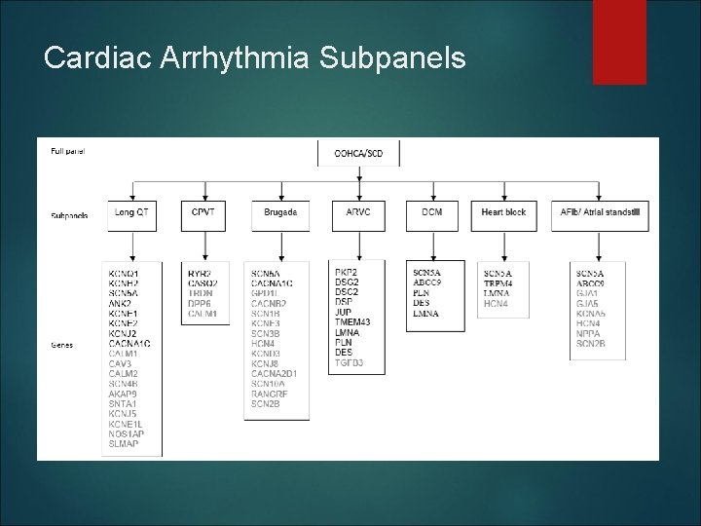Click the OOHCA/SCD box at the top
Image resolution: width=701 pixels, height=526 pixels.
point(359,153)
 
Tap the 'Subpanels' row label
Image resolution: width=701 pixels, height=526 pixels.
point(69,215)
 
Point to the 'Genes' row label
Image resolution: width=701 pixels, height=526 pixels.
point(61,344)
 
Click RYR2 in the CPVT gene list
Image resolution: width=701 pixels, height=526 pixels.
point(201,273)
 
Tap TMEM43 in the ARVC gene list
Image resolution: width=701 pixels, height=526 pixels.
point(351,322)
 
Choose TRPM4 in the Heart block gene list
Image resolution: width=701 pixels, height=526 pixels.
point(499,282)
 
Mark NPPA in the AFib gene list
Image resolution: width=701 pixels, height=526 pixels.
point(589,333)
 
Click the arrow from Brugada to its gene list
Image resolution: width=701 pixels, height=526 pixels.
point(279,245)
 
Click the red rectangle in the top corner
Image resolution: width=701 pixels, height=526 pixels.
point(620,29)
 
